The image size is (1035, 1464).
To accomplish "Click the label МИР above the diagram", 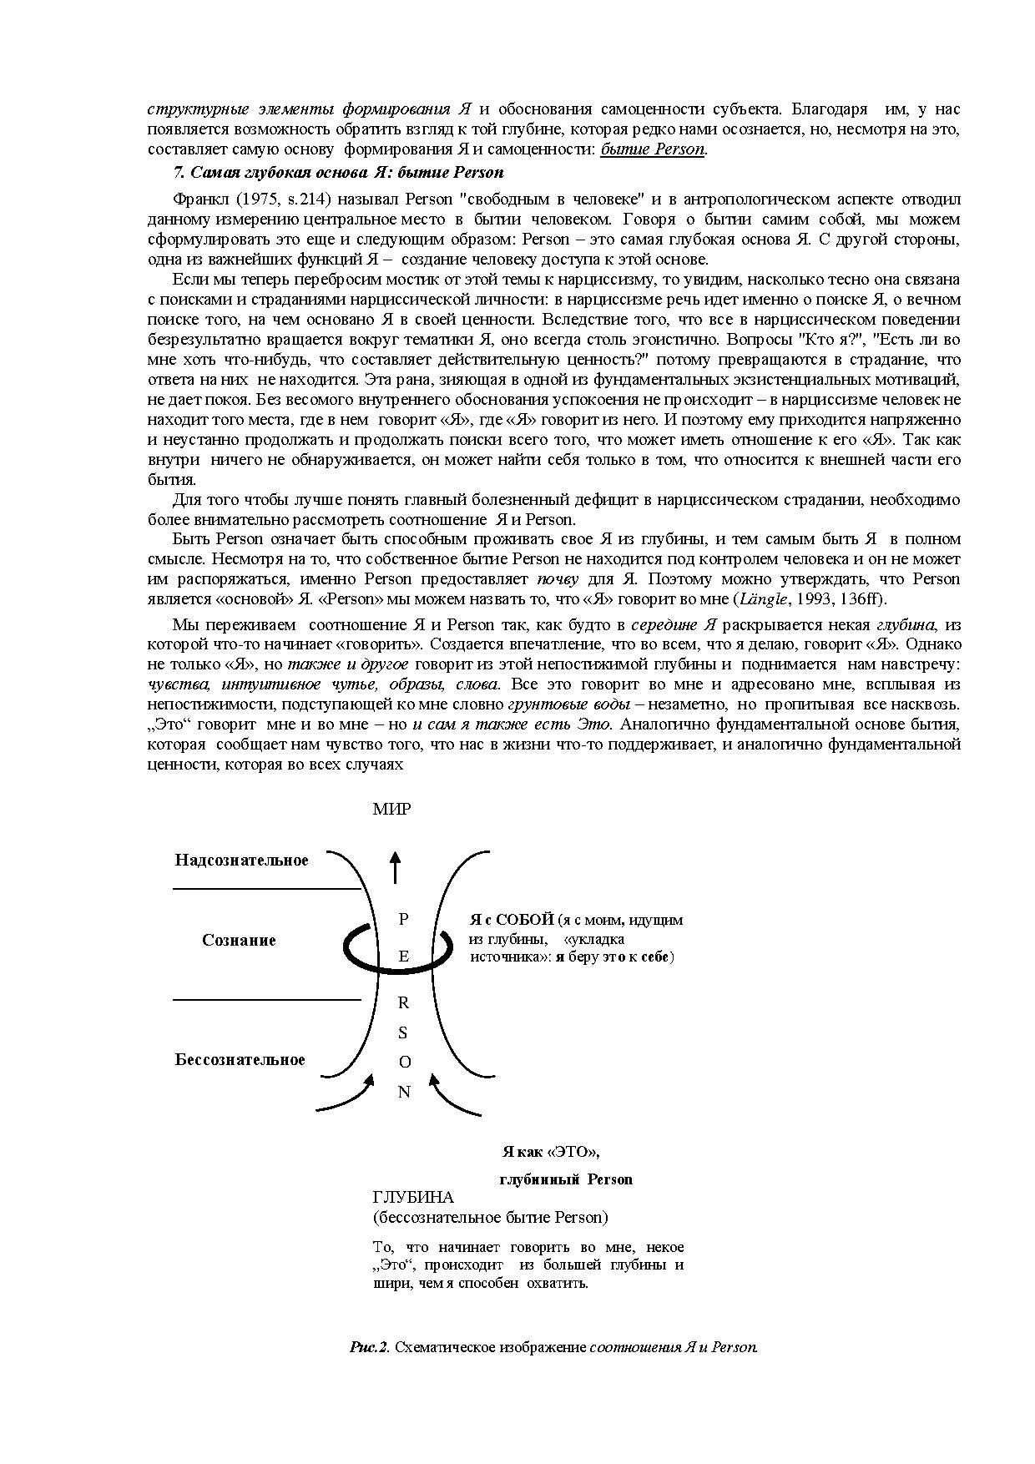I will (x=391, y=809).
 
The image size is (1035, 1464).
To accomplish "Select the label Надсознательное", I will (x=241, y=861).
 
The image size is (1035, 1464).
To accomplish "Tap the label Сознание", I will (x=239, y=941).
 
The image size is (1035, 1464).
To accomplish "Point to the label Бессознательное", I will (x=240, y=1060).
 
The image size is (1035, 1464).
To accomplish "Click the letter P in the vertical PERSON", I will (x=404, y=919).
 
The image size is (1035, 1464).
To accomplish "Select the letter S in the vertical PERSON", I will (x=403, y=1032).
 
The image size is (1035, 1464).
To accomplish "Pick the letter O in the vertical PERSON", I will (x=404, y=1063).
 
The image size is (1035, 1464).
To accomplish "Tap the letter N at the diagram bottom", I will (x=404, y=1092).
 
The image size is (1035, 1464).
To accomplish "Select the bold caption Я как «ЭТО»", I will (x=551, y=1152).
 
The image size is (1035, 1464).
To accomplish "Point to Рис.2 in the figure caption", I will (x=370, y=1347).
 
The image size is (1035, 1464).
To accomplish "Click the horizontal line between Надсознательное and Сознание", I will (x=265, y=890).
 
